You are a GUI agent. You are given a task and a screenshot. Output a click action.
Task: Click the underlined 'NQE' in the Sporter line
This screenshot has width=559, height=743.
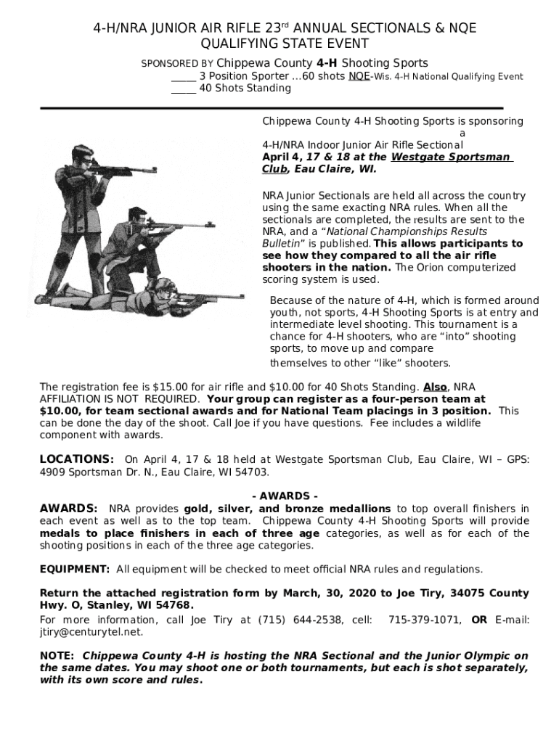(358, 76)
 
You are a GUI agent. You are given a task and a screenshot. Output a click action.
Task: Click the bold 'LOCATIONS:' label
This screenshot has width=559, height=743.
(76, 459)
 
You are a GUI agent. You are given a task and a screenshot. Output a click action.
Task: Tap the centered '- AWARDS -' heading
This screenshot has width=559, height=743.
(284, 496)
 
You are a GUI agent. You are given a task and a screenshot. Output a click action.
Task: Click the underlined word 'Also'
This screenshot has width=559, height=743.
(435, 387)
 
